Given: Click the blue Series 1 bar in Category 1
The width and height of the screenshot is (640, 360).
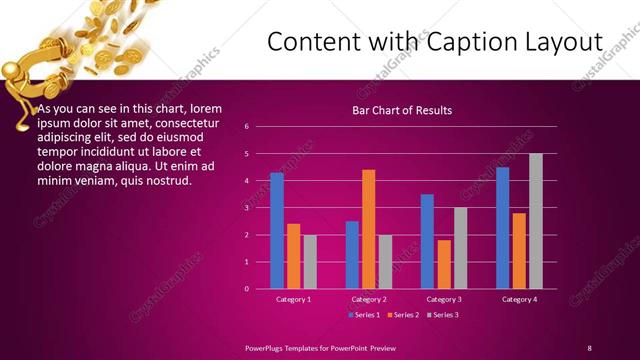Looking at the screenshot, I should [x=277, y=231].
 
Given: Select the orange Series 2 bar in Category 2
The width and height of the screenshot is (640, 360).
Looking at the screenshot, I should [x=368, y=229].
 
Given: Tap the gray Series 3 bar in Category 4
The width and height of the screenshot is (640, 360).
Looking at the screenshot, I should [x=536, y=221].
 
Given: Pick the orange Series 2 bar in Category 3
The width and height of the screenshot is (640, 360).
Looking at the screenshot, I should [x=444, y=264].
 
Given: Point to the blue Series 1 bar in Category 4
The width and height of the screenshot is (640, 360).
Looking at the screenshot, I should [x=502, y=228].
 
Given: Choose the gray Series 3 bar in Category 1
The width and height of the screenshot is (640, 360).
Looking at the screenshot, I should [x=310, y=262].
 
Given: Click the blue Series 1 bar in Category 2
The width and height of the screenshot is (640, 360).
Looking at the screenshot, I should [x=352, y=255].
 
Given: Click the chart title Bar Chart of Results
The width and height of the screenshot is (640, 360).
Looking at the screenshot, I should [x=403, y=110].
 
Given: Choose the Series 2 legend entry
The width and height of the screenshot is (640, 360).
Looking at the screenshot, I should [x=402, y=315].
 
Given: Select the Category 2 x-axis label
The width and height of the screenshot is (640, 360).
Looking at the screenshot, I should [x=368, y=299].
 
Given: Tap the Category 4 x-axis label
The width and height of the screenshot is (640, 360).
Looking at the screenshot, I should [x=519, y=299].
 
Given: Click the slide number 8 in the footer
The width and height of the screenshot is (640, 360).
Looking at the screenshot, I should [x=589, y=347].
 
